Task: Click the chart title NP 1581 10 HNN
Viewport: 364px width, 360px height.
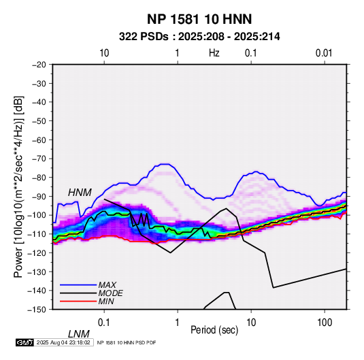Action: point(199,19)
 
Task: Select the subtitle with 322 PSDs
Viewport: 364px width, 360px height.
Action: point(199,37)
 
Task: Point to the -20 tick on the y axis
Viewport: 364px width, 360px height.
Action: point(39,65)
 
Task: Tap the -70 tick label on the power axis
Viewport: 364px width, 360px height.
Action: point(39,159)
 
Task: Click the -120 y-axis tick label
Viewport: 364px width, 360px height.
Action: point(37,252)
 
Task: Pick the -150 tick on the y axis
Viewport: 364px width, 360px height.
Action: point(37,310)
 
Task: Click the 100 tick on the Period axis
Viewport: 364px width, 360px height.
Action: point(325,323)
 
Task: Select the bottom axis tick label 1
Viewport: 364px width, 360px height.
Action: point(178,323)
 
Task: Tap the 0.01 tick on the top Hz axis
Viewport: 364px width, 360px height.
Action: point(324,53)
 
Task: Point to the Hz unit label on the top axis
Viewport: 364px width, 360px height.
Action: point(214,53)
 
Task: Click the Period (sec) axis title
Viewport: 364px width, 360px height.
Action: point(214,330)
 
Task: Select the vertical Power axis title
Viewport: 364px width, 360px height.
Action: point(18,186)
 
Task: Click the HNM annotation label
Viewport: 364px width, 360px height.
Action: point(80,193)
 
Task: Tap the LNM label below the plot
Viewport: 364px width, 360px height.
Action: point(78,334)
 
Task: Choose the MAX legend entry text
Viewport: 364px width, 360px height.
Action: point(107,284)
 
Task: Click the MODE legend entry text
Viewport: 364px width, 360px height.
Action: point(110,293)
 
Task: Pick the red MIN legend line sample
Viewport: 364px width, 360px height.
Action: point(78,301)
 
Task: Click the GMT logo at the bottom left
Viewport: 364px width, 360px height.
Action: point(25,342)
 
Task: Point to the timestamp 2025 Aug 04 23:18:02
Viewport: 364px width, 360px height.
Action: point(63,342)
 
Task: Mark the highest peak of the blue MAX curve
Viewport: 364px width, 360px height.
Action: point(165,164)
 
